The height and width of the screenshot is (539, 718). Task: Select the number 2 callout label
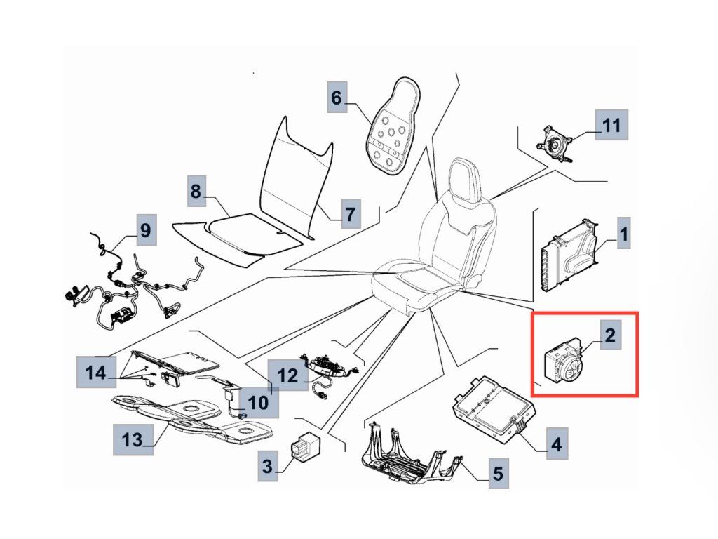click(609, 335)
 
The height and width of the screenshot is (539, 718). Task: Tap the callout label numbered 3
click(267, 464)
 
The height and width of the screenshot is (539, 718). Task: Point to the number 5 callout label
click(497, 474)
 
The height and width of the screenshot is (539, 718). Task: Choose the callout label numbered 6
click(337, 98)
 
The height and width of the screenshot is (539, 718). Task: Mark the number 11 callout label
click(611, 126)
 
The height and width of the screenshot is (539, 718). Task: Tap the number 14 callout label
click(96, 373)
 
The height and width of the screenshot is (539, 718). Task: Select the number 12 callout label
click(288, 375)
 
